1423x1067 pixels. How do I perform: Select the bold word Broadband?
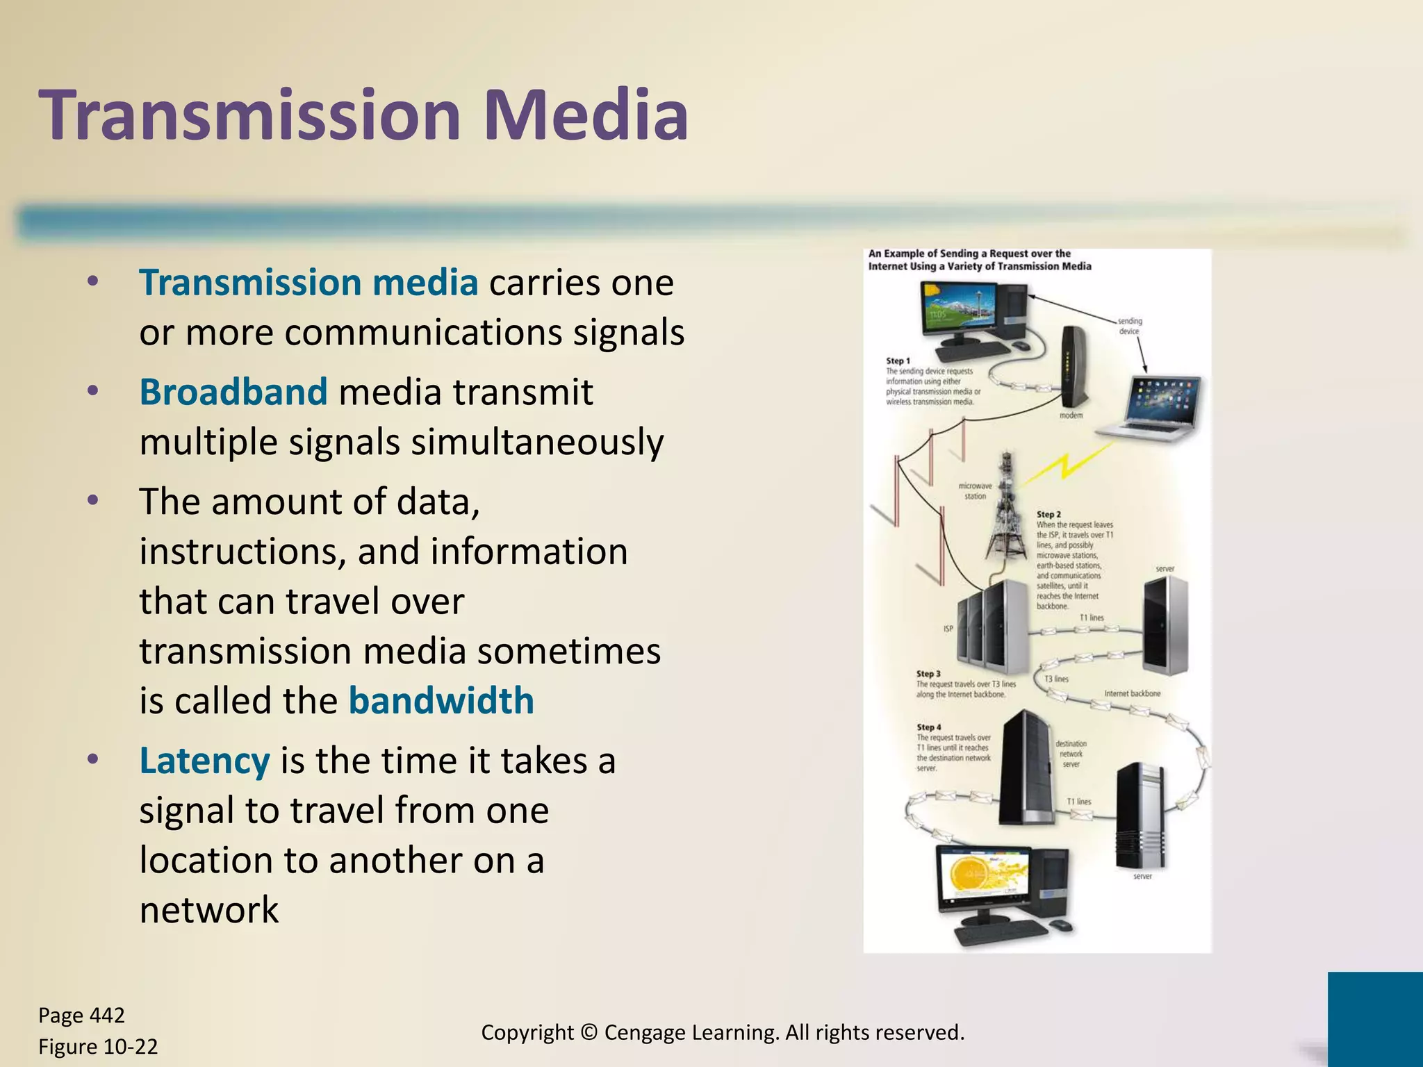tap(233, 392)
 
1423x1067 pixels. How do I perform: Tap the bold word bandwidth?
tap(441, 700)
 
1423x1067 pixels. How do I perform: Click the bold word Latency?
tap(204, 761)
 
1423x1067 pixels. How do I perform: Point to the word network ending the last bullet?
tap(208, 910)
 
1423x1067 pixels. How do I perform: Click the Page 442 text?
tap(81, 1016)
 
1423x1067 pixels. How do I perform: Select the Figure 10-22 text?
tap(98, 1046)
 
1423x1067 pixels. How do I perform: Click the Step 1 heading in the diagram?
tap(898, 361)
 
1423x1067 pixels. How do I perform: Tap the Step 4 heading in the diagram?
tap(928, 727)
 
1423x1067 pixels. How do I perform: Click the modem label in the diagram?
tap(1071, 415)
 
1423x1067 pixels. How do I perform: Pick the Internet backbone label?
tap(1132, 693)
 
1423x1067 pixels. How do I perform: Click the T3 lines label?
tap(1057, 679)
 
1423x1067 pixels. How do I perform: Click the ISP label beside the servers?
tap(948, 629)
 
